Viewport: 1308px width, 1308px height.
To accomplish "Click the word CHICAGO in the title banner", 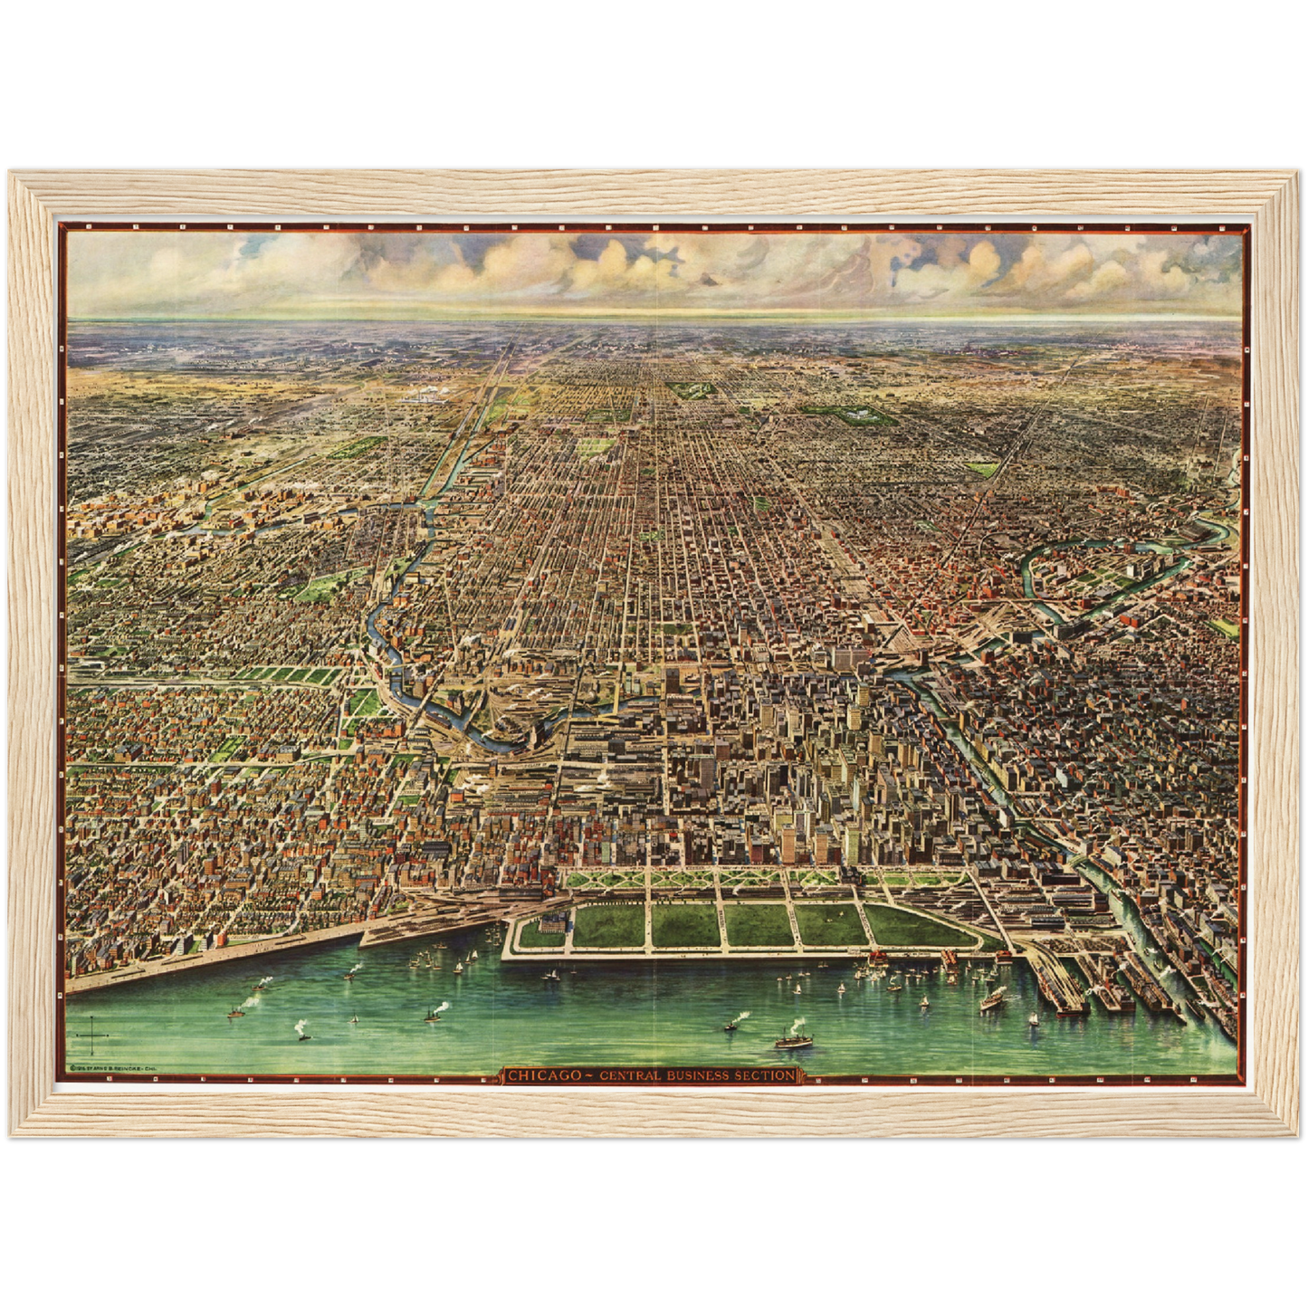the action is point(543,1075).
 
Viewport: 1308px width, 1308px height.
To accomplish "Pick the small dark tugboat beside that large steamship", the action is point(730,1026).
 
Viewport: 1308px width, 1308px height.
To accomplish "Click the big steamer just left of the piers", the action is point(994,1000).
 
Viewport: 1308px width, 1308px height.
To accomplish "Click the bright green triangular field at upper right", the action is point(980,469).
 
